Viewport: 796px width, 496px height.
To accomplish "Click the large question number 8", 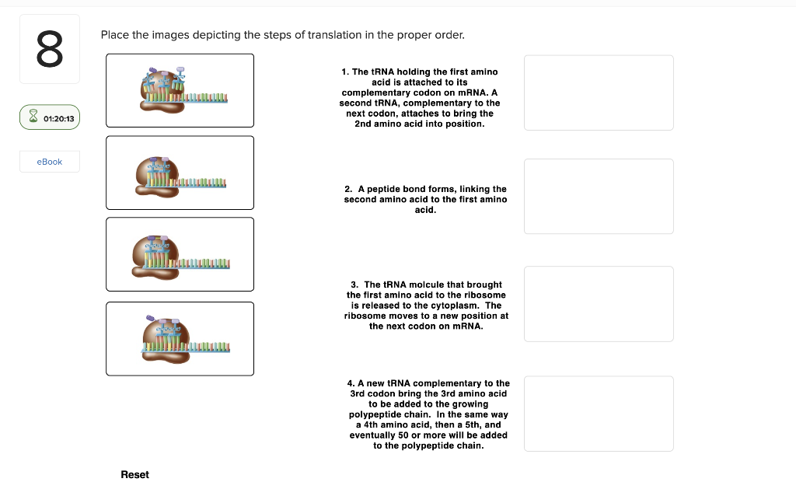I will click(49, 49).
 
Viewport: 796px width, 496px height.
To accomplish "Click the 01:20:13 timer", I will click(50, 118).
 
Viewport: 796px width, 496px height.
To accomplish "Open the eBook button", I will click(50, 162).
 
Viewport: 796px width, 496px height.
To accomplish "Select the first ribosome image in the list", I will click(180, 90).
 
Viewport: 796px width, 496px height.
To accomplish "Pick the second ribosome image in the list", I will click(180, 173).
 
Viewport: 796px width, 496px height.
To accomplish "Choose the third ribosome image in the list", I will click(180, 254).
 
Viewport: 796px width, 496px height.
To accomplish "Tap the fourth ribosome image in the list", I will click(180, 338).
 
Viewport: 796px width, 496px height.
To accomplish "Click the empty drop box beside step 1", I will click(599, 93).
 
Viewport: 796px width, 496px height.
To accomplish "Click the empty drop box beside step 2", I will click(599, 196).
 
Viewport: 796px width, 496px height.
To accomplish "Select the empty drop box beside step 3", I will click(599, 303).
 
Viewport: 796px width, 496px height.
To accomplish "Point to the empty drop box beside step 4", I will click(599, 414).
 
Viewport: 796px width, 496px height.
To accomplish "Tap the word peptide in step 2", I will click(385, 189).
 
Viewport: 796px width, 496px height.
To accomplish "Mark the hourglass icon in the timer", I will click(33, 118).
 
